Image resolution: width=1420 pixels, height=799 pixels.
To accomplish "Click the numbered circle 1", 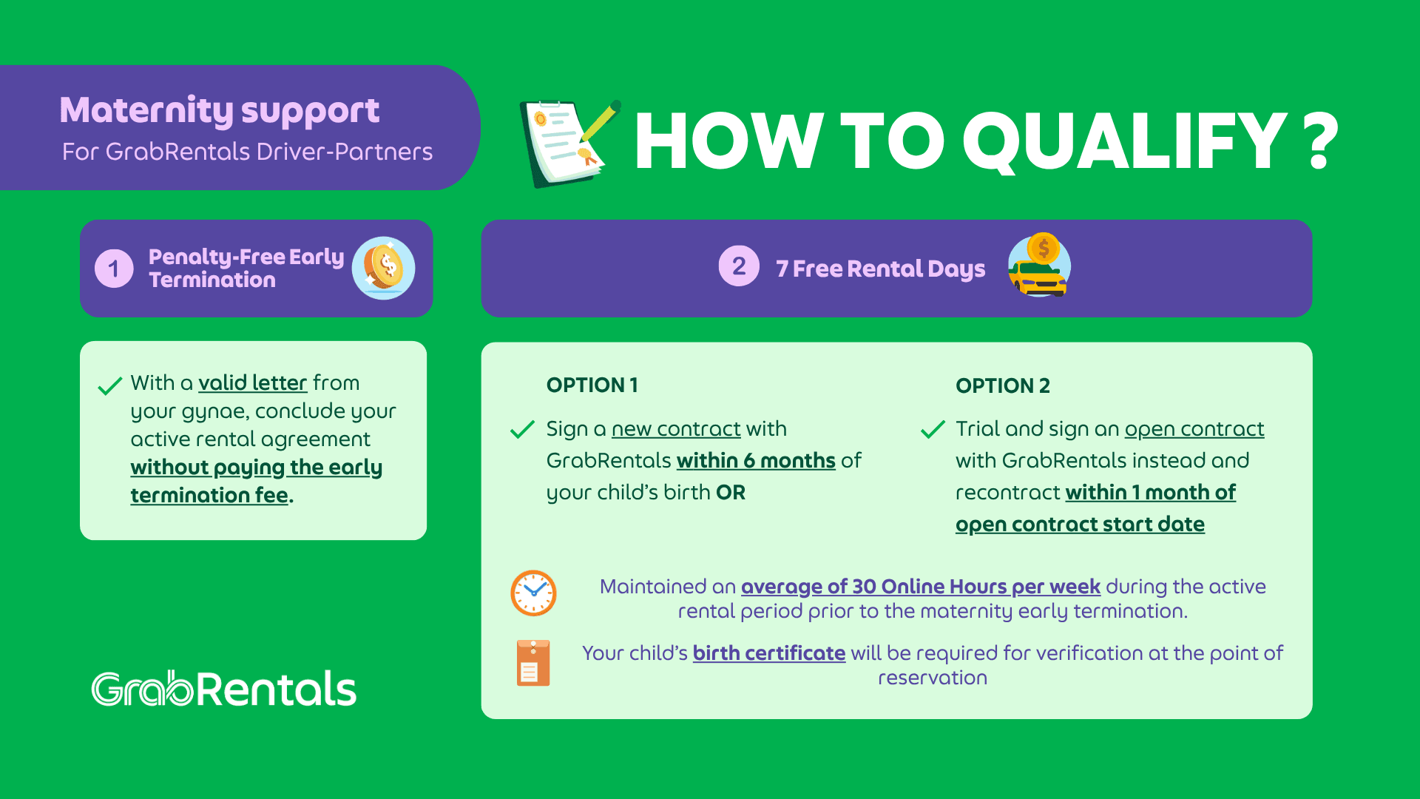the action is [x=114, y=268].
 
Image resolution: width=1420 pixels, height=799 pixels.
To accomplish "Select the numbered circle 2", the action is [x=739, y=266].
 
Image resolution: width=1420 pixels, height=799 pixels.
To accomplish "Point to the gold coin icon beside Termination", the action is [x=384, y=268].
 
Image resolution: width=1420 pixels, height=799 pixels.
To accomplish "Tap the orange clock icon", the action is [x=533, y=593].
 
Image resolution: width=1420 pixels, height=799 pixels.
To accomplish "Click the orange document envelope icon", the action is [x=533, y=663].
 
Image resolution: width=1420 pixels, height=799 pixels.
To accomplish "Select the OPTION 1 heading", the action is [x=592, y=385].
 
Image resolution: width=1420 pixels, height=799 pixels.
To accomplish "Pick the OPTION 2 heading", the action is [x=1002, y=385].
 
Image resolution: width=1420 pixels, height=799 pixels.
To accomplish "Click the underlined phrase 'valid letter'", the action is [x=252, y=382].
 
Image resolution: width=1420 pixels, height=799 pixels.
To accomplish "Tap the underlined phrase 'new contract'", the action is [x=676, y=428].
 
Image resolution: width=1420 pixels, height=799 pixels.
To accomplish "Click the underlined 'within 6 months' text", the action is [x=756, y=460].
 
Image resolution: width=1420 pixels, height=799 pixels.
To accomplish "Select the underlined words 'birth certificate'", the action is [x=769, y=653].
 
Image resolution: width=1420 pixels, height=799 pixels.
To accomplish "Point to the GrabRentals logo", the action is [x=224, y=689].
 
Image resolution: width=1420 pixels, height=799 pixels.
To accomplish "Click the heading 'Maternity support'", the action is [x=220, y=111].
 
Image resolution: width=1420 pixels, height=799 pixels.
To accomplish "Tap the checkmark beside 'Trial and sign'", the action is [x=933, y=429].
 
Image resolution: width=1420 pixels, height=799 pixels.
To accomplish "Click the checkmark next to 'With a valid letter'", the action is [x=109, y=386].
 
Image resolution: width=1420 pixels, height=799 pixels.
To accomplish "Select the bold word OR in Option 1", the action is [x=731, y=492].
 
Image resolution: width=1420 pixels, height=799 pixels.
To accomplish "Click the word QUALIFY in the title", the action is [x=1125, y=141].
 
